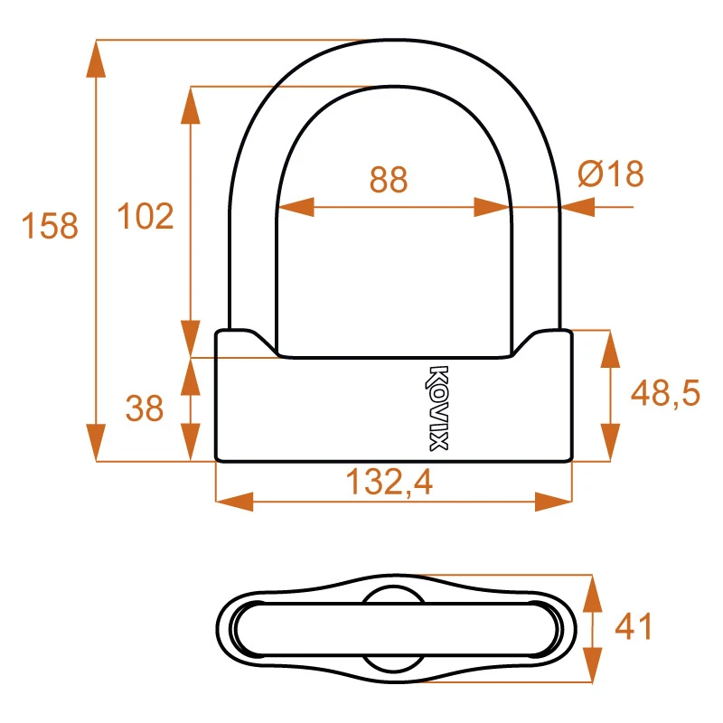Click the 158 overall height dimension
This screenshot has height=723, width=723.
tap(52, 225)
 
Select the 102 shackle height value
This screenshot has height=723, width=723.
tap(146, 217)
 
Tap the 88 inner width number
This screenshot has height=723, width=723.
tap(389, 180)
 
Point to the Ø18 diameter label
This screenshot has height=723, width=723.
tap(610, 174)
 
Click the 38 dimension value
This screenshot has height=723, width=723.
tap(145, 409)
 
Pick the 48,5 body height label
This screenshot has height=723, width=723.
tap(665, 394)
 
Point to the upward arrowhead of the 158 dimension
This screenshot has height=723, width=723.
tap(96, 60)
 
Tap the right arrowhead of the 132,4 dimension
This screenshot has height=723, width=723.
tap(553, 501)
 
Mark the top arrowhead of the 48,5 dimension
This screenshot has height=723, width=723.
tap(611, 349)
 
